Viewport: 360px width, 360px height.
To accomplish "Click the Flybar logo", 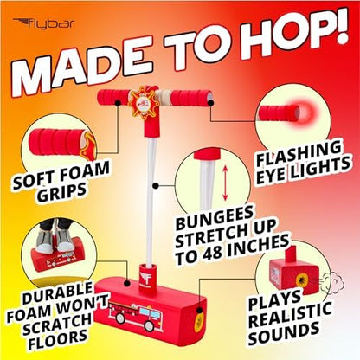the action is (43, 23).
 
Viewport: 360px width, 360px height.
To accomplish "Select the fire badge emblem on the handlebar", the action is (144, 102).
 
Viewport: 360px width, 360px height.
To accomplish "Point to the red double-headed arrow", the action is (225, 183).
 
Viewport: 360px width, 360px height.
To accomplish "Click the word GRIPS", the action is (61, 193).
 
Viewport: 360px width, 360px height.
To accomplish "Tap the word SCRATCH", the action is (57, 323).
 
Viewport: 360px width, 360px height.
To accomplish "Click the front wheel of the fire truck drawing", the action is (150, 325).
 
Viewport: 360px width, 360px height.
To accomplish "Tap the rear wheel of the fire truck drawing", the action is (119, 318).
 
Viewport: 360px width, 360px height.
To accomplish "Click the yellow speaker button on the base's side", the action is (198, 318).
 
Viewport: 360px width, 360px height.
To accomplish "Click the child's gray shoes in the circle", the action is (55, 240).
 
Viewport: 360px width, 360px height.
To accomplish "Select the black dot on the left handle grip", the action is (118, 103).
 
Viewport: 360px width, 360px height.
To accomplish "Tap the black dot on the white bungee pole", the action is (156, 186).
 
